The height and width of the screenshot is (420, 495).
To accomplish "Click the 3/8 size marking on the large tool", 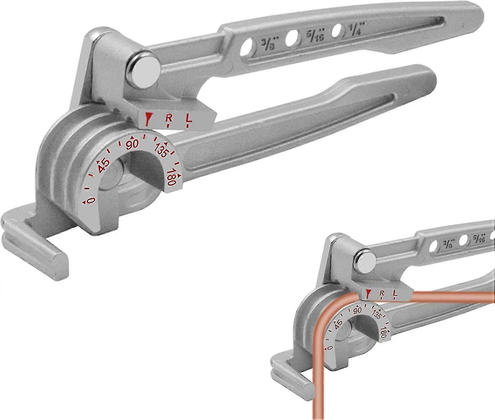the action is coord(269,44).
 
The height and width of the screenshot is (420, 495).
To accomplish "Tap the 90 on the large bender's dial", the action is coord(132,145).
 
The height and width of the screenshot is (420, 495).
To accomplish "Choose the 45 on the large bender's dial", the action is coord(103,166).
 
